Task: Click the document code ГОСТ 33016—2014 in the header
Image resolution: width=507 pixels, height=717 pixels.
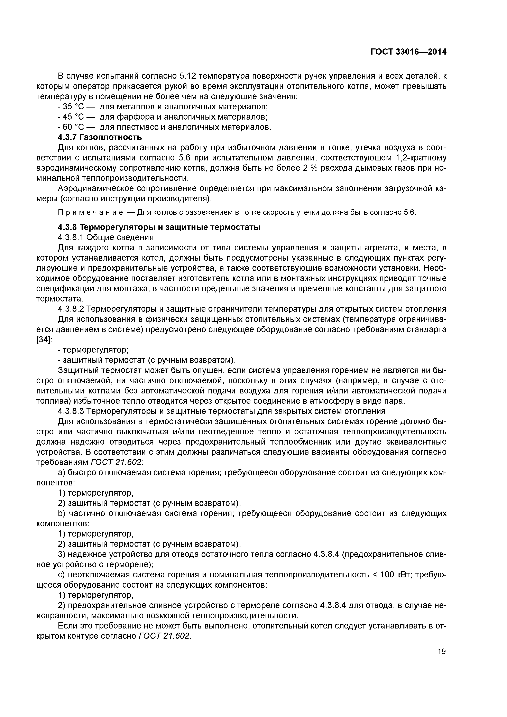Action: pyautogui.click(x=408, y=52)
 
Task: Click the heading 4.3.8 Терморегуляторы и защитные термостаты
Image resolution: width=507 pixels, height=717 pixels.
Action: pyautogui.click(x=159, y=227)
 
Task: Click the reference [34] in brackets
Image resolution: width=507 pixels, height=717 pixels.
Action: pyautogui.click(x=43, y=340)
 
